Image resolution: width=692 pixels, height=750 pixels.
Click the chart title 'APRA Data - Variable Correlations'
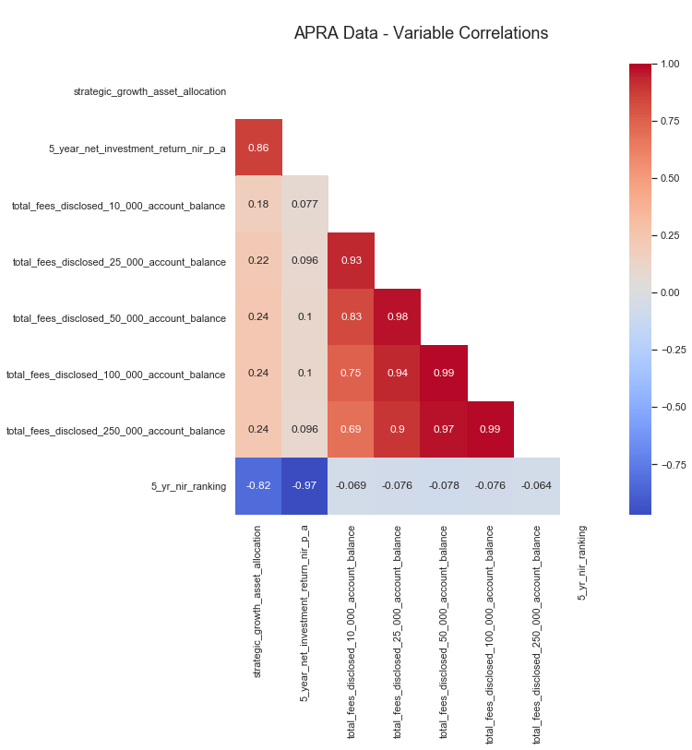coord(421,33)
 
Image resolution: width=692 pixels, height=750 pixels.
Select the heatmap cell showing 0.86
coord(258,148)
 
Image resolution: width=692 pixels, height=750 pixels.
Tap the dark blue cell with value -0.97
coord(304,486)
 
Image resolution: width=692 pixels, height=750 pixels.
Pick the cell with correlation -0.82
coord(258,486)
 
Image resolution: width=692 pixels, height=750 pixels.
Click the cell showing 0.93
coord(351,261)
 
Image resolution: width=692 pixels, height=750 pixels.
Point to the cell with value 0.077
coord(304,205)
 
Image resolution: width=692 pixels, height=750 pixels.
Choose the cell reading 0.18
coord(258,205)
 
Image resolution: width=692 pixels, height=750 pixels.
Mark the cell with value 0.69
coord(351,430)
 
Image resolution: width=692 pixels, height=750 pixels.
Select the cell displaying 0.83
coord(351,317)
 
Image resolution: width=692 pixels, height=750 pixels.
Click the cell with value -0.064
coord(536,486)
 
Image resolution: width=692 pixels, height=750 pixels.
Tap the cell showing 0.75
coord(351,374)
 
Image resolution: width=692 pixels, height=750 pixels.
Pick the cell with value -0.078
coord(444,486)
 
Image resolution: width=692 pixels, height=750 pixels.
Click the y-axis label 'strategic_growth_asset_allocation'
coord(149,91)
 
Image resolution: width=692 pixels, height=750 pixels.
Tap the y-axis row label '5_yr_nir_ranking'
coord(188,486)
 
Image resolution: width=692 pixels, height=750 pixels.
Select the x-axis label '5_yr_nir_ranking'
coord(582,563)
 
